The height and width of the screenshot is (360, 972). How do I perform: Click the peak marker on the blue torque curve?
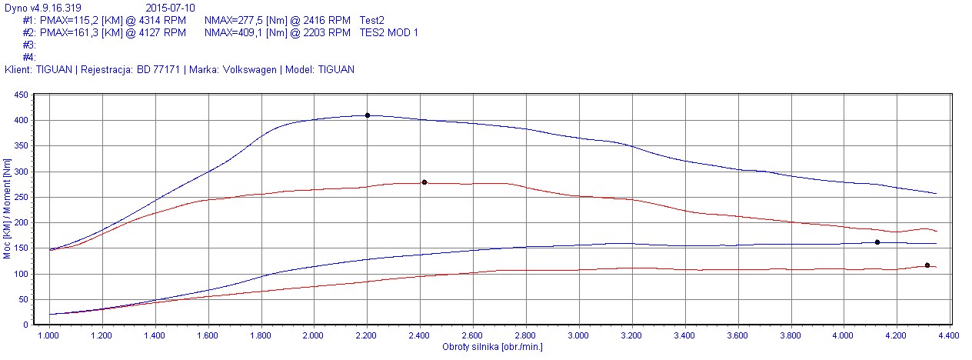(368, 115)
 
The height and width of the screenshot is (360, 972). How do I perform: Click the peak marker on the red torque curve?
(424, 182)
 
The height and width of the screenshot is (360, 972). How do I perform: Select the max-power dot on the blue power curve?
(877, 242)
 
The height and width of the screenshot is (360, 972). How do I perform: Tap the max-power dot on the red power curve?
(927, 265)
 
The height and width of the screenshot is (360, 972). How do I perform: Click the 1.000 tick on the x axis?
(49, 336)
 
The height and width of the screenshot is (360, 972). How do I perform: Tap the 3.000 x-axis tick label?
(578, 336)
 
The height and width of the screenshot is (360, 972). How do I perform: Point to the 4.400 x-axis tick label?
(948, 336)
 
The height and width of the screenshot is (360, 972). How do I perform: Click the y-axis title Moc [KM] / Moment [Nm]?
(7, 209)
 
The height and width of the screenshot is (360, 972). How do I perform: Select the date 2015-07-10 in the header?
(171, 8)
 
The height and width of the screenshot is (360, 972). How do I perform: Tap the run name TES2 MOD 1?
(389, 33)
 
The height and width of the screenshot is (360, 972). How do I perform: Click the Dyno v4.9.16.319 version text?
(43, 8)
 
